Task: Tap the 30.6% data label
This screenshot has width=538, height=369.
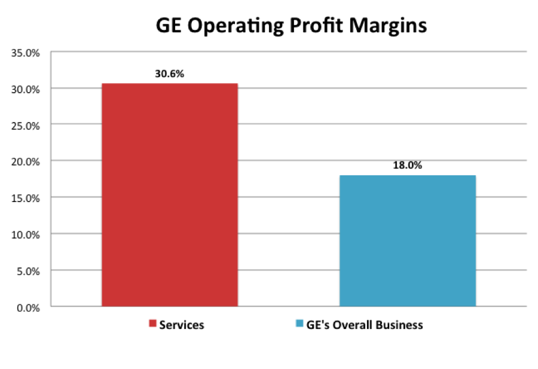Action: [170, 74]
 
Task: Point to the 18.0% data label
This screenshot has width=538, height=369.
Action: [408, 166]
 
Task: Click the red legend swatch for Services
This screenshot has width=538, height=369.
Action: [152, 325]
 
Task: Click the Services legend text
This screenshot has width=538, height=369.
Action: [181, 325]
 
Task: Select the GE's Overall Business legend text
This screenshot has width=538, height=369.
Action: [365, 325]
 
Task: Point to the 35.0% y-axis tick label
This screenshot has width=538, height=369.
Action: [26, 53]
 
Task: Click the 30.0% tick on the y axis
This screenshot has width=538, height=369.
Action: [26, 89]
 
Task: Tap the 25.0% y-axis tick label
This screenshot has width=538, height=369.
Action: [26, 125]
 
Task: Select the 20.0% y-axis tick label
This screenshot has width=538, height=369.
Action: [26, 161]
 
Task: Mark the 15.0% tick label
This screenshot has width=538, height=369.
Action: [26, 198]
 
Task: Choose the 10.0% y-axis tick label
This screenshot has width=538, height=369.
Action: [26, 234]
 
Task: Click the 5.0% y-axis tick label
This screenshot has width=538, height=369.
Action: [28, 271]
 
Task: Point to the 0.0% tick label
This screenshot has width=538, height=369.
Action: [28, 307]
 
